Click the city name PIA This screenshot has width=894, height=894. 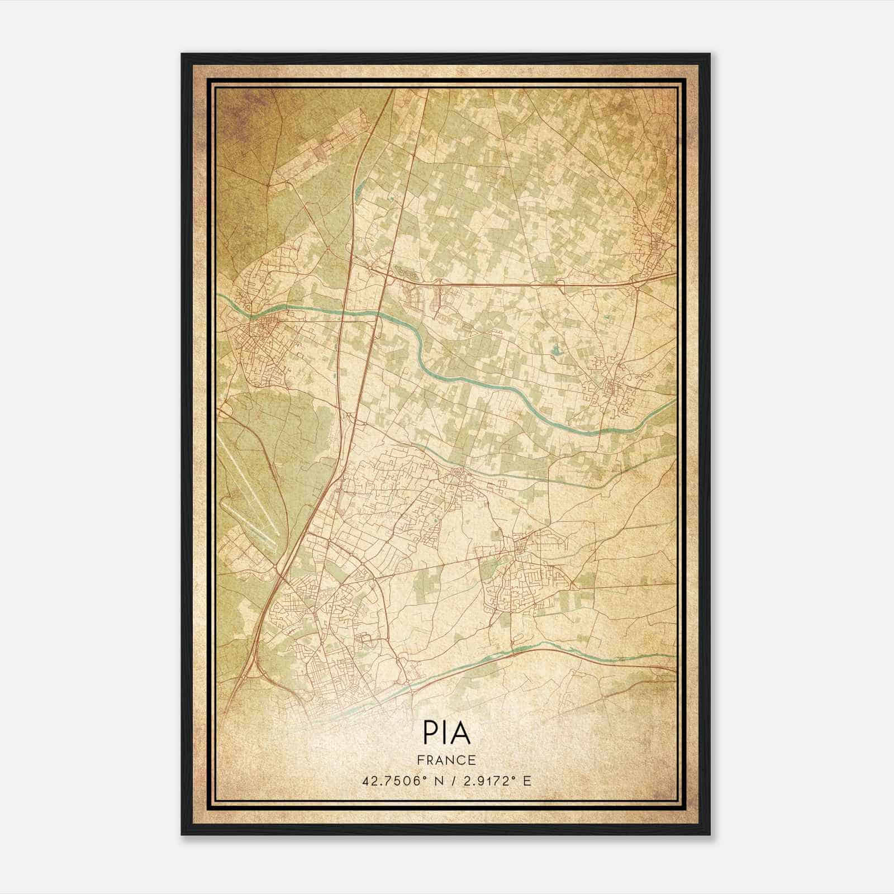point(446,733)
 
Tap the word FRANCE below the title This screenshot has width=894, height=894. point(446,760)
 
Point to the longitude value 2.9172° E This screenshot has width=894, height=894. point(496,781)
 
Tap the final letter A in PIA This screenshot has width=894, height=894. point(462,733)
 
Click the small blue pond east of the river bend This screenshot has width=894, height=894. point(555,352)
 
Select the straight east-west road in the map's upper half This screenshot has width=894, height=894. point(531,285)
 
